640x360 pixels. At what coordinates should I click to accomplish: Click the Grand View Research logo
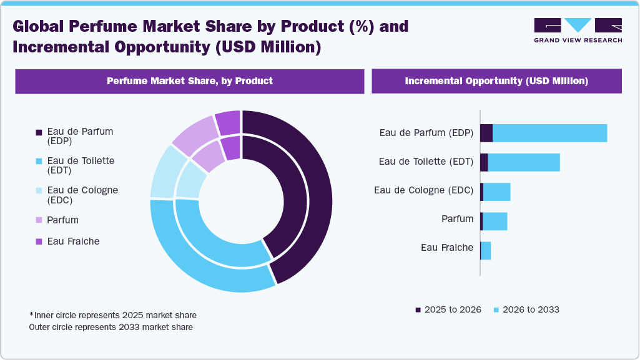click(x=578, y=30)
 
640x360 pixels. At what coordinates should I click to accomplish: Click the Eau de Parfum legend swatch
click(x=39, y=132)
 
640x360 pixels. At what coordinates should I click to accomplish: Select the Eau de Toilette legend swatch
click(x=39, y=162)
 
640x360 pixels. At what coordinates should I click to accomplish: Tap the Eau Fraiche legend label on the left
click(x=73, y=241)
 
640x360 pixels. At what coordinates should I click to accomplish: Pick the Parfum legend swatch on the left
click(x=39, y=220)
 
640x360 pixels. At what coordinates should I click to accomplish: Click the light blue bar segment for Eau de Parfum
click(x=549, y=133)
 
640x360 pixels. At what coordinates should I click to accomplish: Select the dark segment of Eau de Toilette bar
click(x=484, y=162)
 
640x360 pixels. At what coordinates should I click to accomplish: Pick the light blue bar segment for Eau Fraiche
click(x=486, y=251)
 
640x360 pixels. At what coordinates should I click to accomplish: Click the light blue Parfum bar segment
click(x=495, y=221)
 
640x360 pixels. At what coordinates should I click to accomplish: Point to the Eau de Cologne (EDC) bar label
click(x=423, y=190)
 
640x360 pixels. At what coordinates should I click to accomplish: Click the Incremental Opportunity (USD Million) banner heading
click(x=496, y=81)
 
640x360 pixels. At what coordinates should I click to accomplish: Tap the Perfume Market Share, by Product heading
click(x=189, y=81)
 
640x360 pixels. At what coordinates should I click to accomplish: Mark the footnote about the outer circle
click(x=111, y=327)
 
